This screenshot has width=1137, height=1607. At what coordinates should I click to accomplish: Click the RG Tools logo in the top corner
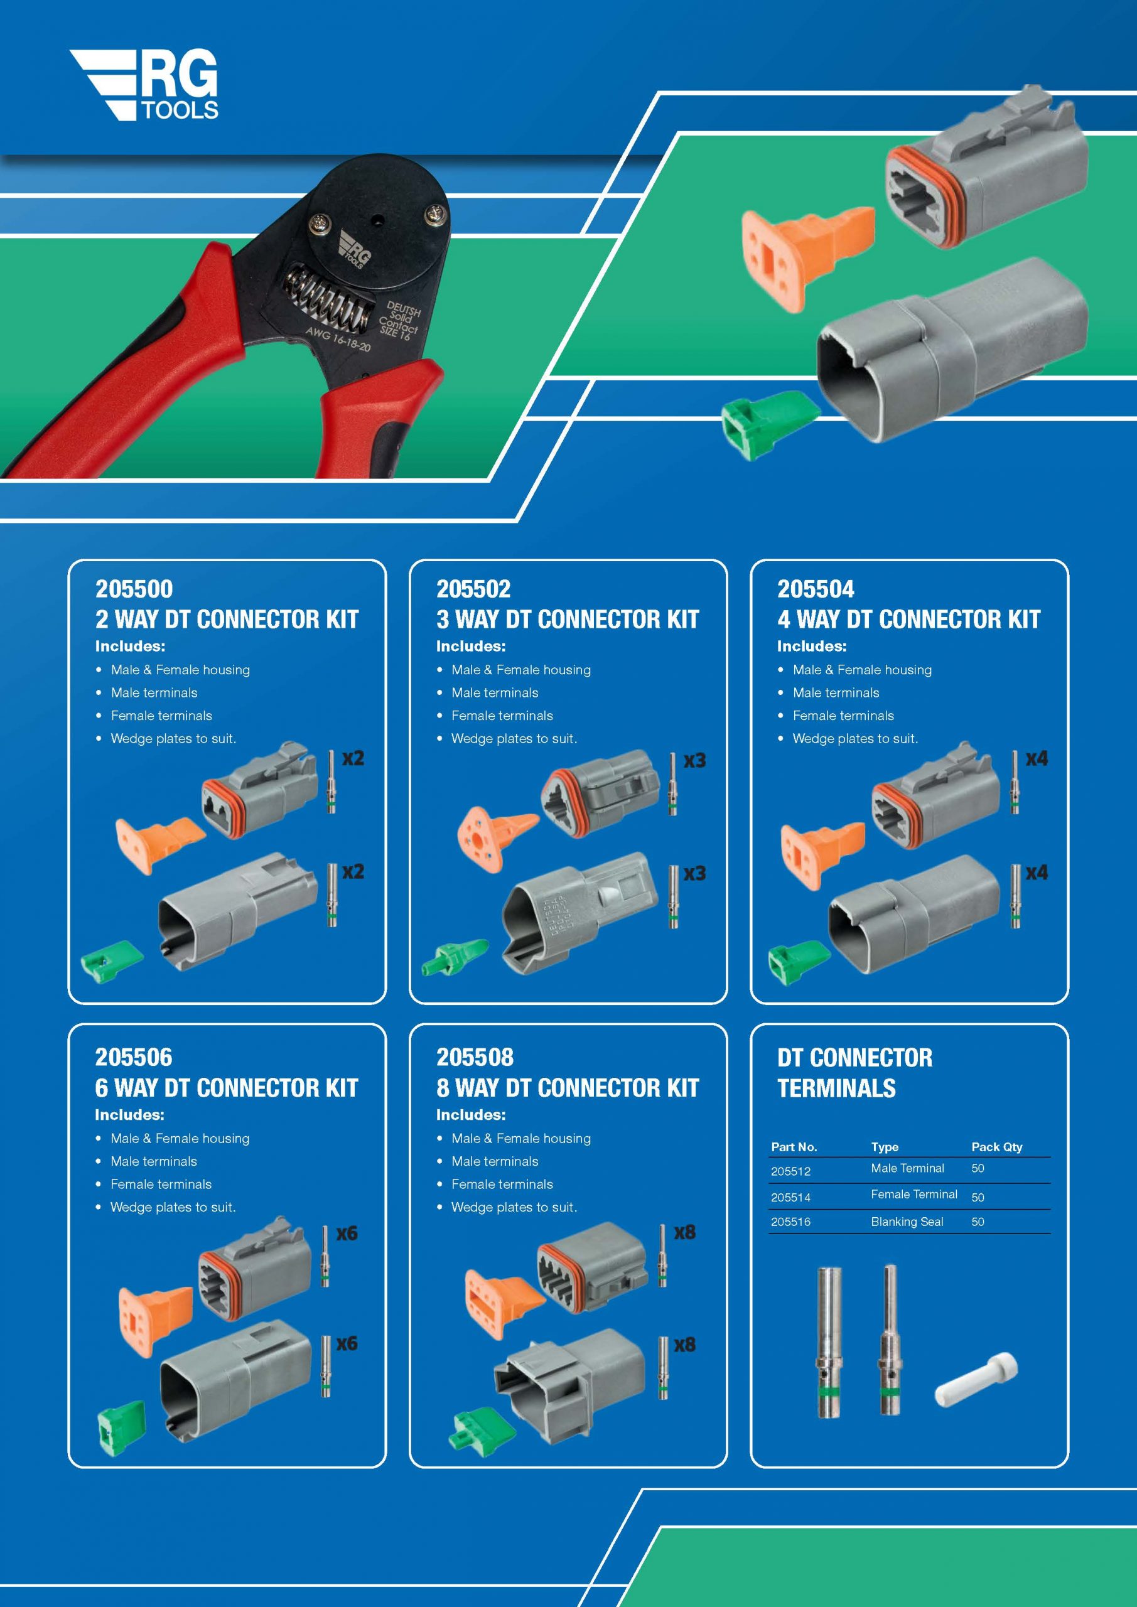point(144,85)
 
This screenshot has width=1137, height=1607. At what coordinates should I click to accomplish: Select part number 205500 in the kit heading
point(134,589)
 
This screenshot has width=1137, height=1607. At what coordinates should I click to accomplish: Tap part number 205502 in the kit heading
point(473,589)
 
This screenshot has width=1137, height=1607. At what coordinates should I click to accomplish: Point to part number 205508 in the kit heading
point(475,1057)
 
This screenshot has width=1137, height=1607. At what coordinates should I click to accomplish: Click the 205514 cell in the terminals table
point(790,1198)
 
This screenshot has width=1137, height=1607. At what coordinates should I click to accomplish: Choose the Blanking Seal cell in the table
point(907,1222)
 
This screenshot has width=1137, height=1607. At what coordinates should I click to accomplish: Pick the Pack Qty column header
point(996,1147)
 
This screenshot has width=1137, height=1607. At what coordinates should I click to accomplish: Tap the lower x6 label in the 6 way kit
point(347,1343)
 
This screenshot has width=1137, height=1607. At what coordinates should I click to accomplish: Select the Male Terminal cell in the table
point(907,1168)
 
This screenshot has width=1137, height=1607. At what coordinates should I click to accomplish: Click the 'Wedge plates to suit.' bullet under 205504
point(855,738)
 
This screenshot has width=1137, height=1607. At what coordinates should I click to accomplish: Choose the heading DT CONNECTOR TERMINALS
point(855,1072)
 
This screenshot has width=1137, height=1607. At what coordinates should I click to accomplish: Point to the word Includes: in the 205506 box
point(129,1114)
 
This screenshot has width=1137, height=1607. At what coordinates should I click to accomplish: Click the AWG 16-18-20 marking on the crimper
point(338,339)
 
